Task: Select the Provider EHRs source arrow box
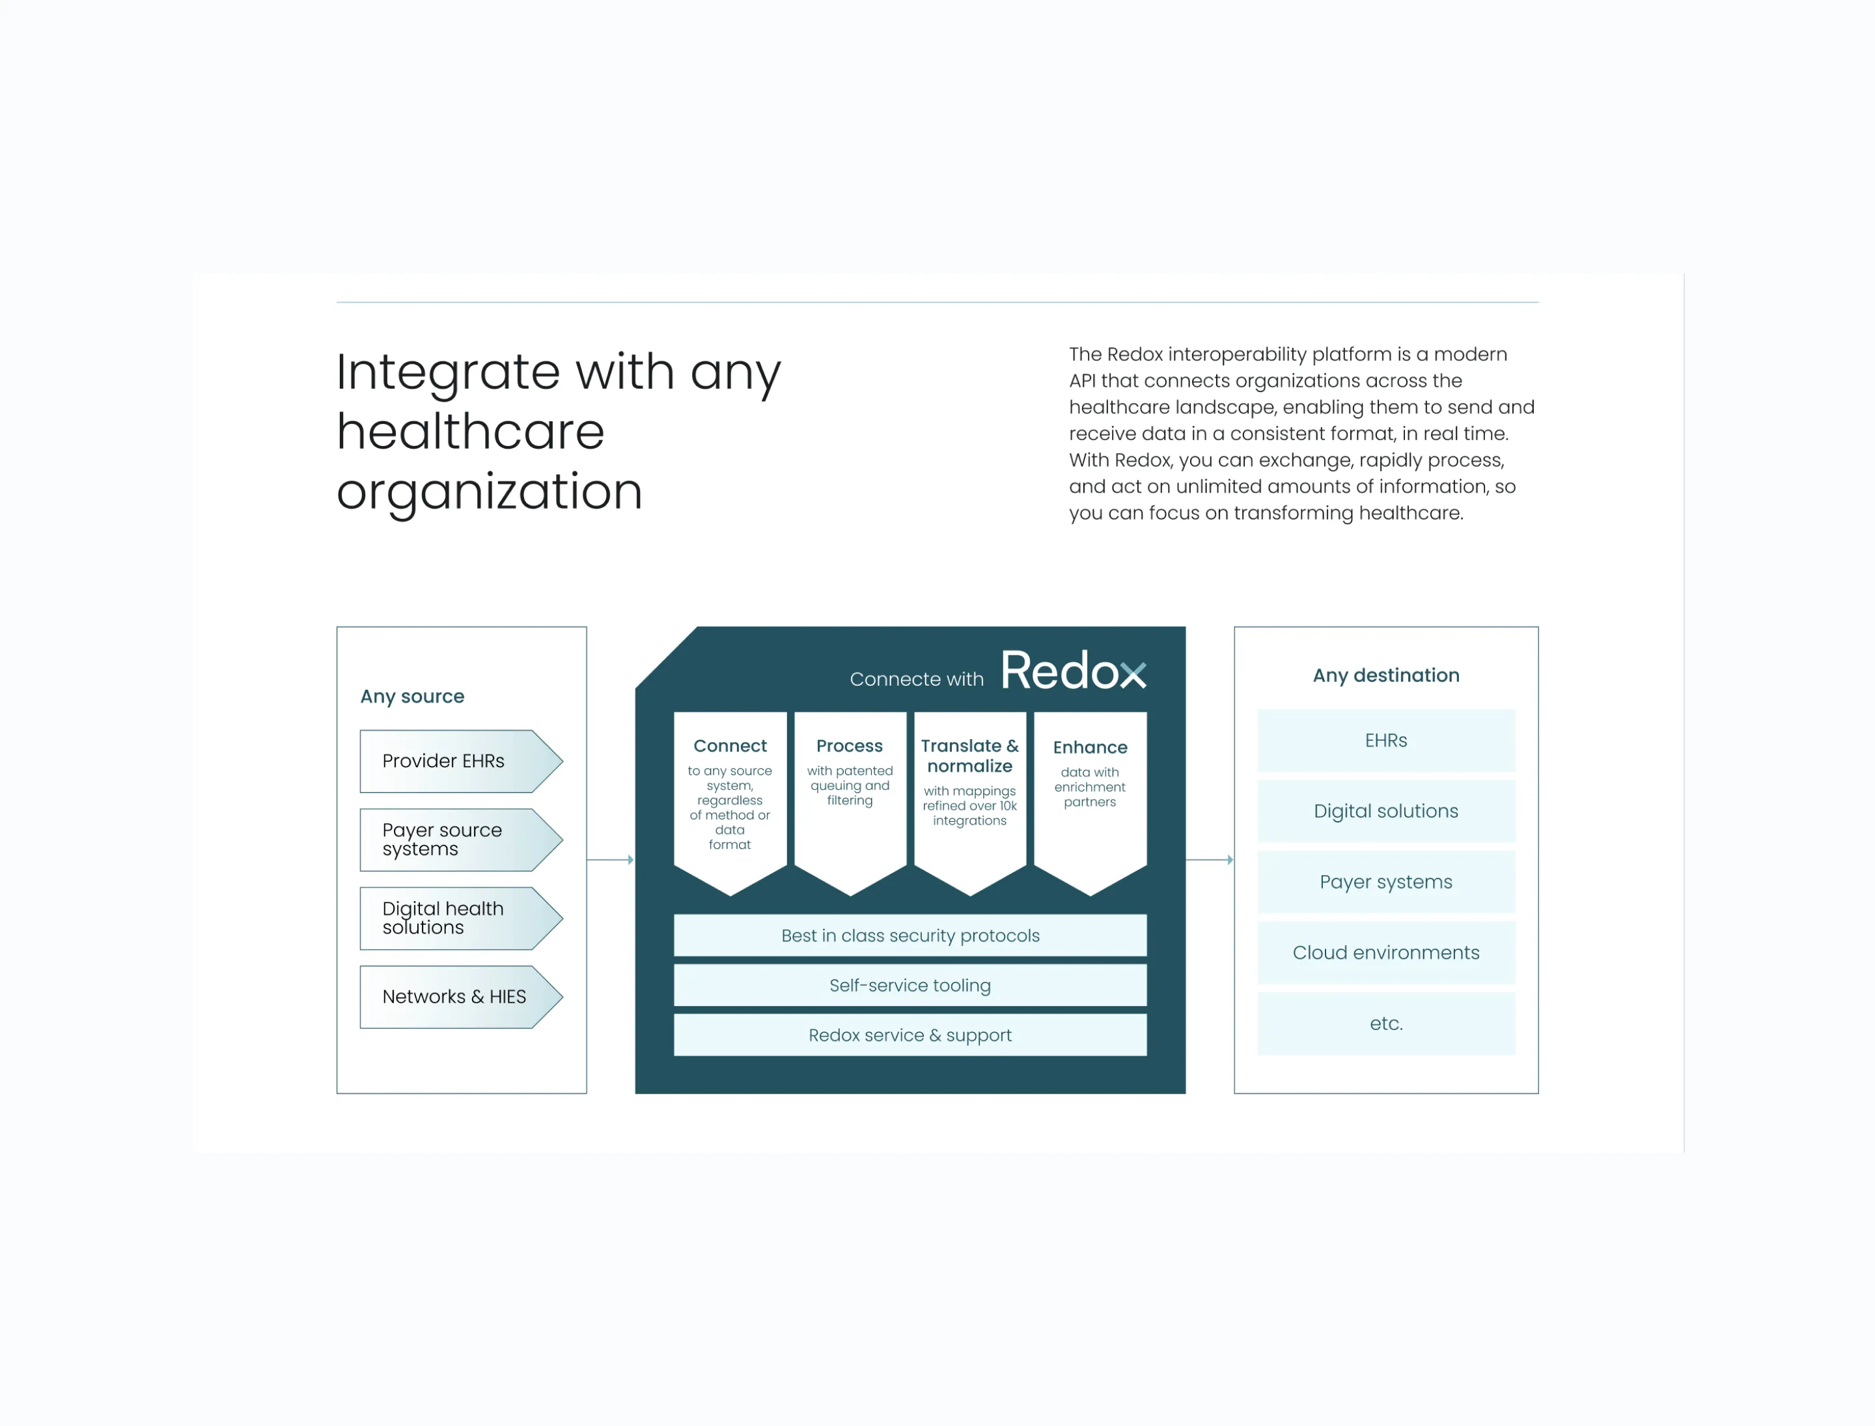coord(458,761)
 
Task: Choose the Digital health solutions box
coord(458,918)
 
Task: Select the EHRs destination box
coord(1385,740)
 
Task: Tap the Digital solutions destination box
coord(1385,811)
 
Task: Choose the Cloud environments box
coord(1385,953)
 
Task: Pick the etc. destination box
coord(1385,1023)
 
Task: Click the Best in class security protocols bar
coord(910,936)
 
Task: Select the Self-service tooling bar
coord(910,985)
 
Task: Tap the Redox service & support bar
coord(910,1035)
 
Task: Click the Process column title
coord(849,746)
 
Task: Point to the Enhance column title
coord(1090,747)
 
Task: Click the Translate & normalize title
coord(969,755)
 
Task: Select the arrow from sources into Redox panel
coord(610,860)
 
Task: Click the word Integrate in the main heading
coord(448,374)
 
